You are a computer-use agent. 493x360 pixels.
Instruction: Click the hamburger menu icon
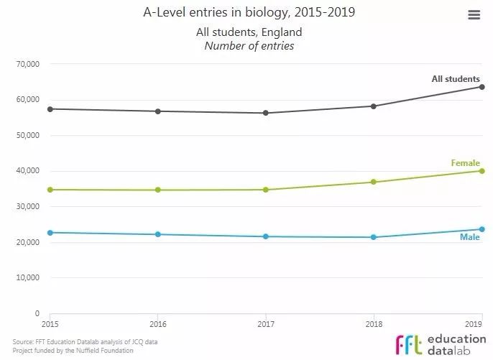click(x=474, y=15)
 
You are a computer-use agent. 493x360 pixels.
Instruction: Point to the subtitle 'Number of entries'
click(x=249, y=46)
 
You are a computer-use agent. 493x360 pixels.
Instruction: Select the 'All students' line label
click(x=455, y=78)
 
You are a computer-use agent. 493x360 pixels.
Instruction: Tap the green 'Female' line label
click(x=465, y=163)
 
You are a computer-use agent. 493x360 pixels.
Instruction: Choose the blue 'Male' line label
click(x=469, y=237)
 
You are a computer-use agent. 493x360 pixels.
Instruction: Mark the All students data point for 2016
click(x=158, y=111)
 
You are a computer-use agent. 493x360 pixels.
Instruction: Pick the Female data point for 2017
click(x=266, y=190)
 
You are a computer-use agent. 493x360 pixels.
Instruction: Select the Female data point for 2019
click(x=482, y=171)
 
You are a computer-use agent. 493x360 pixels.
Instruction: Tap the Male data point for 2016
click(x=158, y=234)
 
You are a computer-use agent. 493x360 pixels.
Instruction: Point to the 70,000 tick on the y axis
click(x=27, y=64)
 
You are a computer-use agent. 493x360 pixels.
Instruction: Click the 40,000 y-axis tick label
click(x=27, y=171)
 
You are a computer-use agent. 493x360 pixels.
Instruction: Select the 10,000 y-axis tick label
click(x=27, y=278)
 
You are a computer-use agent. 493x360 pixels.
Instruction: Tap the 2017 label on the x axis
click(x=266, y=324)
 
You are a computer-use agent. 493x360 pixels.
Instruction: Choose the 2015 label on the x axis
click(x=51, y=324)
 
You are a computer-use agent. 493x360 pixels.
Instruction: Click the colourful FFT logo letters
click(x=408, y=342)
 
